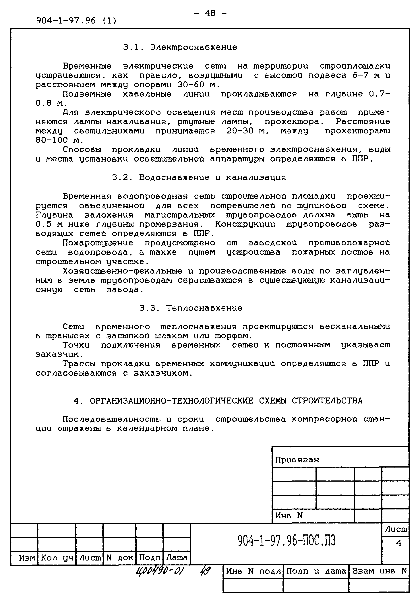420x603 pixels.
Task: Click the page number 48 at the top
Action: pos(210,13)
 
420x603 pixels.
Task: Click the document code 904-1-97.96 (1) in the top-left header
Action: pos(76,20)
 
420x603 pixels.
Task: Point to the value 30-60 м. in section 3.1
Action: pos(198,85)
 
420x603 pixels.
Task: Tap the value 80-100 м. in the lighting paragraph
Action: pos(59,140)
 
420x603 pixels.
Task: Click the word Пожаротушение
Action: pos(98,243)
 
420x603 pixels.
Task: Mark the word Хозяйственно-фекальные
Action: pos(122,271)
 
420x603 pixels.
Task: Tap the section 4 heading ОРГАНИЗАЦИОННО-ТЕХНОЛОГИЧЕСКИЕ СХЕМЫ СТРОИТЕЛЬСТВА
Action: pos(218,401)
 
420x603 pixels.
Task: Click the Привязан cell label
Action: pos(297,460)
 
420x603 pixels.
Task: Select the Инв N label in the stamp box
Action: pos(289,515)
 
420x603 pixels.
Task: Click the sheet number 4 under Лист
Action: pos(398,543)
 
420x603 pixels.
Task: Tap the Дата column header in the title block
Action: pos(177,558)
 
